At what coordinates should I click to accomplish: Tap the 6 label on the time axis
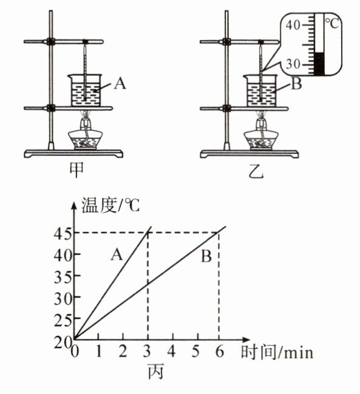point(220,352)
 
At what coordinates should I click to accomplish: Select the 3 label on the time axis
point(147,352)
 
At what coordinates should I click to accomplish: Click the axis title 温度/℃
point(110,206)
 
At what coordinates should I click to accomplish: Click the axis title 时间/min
point(277,352)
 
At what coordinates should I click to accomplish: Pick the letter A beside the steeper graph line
point(117,255)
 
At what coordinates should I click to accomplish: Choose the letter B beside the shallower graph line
point(206,257)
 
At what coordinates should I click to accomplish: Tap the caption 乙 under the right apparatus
point(256,172)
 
